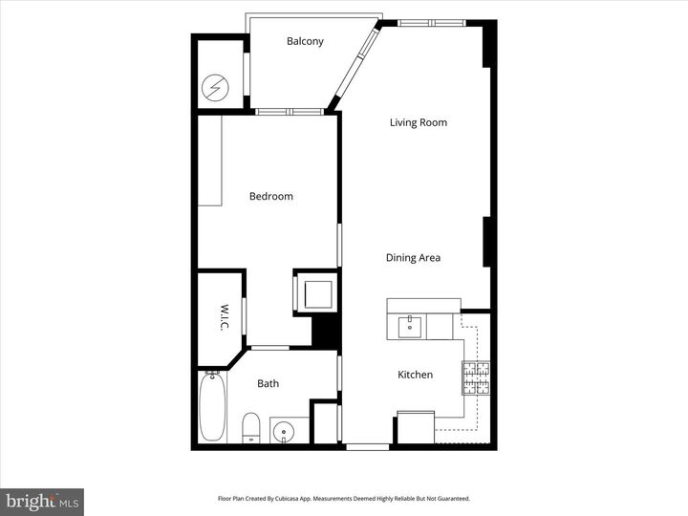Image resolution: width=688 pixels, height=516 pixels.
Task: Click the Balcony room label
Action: click(x=305, y=41)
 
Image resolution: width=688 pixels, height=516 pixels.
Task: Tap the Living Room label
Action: click(x=418, y=122)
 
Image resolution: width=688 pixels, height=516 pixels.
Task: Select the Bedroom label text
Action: click(x=270, y=197)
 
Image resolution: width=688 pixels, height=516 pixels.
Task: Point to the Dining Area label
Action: click(x=413, y=258)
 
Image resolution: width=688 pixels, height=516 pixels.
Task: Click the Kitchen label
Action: click(x=415, y=375)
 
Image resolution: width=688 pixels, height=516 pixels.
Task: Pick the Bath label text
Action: click(x=268, y=384)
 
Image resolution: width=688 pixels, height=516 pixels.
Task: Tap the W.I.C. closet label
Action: click(x=223, y=317)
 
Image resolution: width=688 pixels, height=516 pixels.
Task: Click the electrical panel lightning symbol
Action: click(x=216, y=89)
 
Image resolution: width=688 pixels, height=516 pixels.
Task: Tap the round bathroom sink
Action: click(x=284, y=432)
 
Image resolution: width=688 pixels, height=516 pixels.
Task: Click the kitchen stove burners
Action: click(x=476, y=378)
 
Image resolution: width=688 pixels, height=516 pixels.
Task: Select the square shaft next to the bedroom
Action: click(x=316, y=291)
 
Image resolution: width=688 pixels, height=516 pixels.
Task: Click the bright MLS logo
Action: click(x=42, y=502)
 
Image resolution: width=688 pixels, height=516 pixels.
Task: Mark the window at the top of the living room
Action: click(x=430, y=23)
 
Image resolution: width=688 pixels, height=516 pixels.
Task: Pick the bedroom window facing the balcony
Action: click(x=288, y=112)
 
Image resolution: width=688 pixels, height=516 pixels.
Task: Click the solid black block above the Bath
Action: click(x=327, y=332)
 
